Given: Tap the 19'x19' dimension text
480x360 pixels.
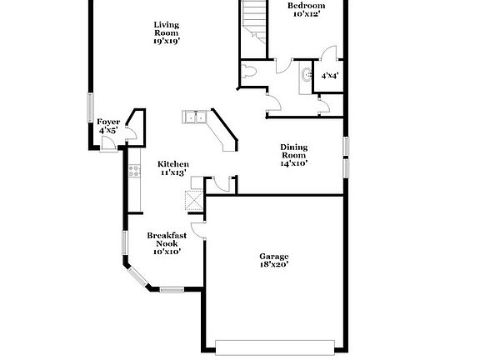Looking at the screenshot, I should [166, 40].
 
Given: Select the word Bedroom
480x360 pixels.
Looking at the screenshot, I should [306, 6].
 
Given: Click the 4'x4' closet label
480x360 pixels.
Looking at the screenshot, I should [329, 76].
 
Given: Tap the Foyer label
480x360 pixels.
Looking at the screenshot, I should [108, 122].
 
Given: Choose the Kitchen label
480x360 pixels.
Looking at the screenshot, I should [173, 164].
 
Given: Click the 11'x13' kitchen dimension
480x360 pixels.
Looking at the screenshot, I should [173, 173].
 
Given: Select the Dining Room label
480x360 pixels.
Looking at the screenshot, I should [293, 151].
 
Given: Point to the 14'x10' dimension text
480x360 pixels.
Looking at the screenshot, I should [293, 164].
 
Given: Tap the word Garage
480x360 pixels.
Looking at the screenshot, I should [273, 257].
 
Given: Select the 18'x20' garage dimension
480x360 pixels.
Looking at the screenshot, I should [273, 266].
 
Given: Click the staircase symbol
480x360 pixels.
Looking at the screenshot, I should [253, 18].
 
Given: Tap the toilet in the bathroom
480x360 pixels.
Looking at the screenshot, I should [250, 74].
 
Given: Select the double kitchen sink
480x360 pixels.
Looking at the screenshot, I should [197, 117].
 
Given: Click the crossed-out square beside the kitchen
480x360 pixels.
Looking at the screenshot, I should [193, 201].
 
